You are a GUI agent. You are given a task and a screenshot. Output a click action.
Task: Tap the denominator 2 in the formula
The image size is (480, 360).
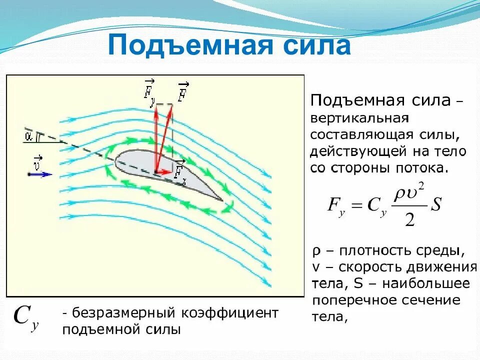(x=410, y=219)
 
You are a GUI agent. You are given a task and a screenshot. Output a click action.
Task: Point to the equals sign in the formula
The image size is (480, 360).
(x=355, y=205)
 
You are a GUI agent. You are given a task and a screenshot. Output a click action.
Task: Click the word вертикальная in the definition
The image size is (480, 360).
(x=360, y=119)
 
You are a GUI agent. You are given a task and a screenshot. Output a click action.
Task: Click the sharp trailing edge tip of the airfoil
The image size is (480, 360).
(x=222, y=200)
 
